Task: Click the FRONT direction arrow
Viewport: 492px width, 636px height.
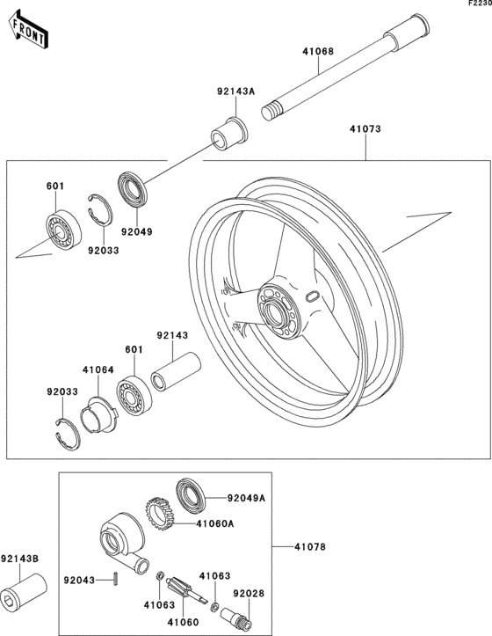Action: tap(28, 30)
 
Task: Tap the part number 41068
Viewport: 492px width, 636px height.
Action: tap(318, 52)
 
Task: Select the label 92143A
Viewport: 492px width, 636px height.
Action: tap(235, 91)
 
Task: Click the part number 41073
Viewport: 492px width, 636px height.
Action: tap(365, 129)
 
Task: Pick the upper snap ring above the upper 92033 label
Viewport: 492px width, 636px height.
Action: tap(100, 209)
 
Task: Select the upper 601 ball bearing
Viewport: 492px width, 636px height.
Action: tap(62, 230)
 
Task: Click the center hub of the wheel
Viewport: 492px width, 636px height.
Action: tap(279, 311)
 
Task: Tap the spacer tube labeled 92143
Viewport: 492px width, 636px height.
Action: tap(176, 371)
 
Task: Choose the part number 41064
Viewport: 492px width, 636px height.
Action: tap(98, 370)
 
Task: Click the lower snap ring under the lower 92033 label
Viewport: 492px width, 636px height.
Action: tap(68, 435)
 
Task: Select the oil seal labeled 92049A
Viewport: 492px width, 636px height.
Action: tap(191, 496)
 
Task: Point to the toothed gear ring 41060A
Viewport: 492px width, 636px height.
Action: tap(160, 514)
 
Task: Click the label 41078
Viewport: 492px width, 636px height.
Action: tap(310, 547)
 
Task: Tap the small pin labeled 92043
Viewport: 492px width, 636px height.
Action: tap(116, 579)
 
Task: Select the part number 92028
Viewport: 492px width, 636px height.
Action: tap(249, 594)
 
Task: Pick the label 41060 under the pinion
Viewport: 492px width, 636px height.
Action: tap(184, 622)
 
